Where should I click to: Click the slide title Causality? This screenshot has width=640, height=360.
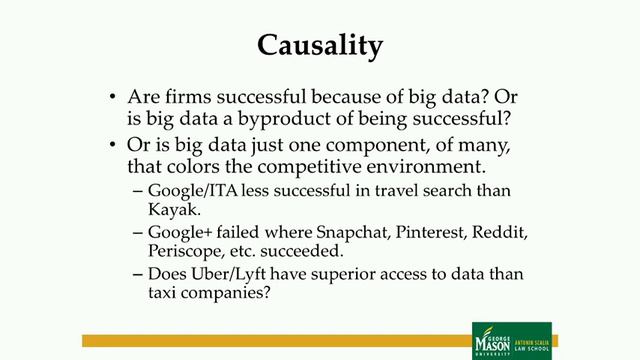coord(319,44)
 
